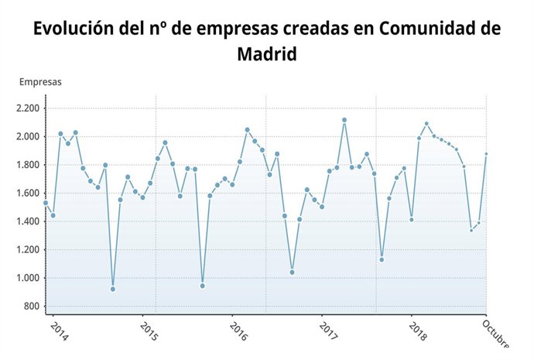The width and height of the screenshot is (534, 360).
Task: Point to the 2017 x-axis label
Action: point(328,331)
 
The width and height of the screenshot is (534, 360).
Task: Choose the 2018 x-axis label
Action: point(417,331)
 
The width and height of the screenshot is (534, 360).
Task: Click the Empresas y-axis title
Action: point(40,81)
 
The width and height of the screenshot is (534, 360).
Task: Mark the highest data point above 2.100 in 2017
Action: point(344,120)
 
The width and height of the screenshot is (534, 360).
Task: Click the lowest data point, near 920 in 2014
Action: point(113,289)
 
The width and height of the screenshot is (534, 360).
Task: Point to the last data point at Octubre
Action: point(487,154)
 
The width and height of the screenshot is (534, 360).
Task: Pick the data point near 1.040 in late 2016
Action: point(292,272)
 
